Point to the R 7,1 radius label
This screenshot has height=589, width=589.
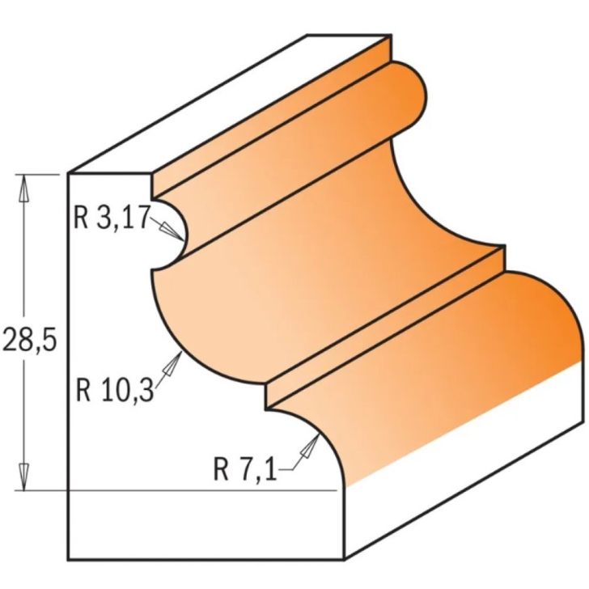[x=245, y=467]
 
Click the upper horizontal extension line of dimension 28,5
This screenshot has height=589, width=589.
[x=40, y=174]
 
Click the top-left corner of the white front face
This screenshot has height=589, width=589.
[x=69, y=174]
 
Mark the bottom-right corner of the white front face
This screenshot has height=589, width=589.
[x=345, y=558]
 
